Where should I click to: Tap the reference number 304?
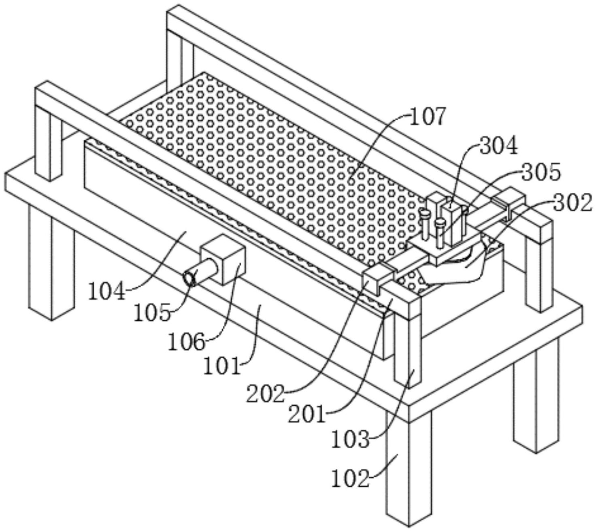point(498,146)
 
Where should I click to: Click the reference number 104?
point(107,291)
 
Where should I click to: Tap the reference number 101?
point(222,366)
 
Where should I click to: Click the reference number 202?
point(265,394)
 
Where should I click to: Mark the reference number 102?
point(350,479)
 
